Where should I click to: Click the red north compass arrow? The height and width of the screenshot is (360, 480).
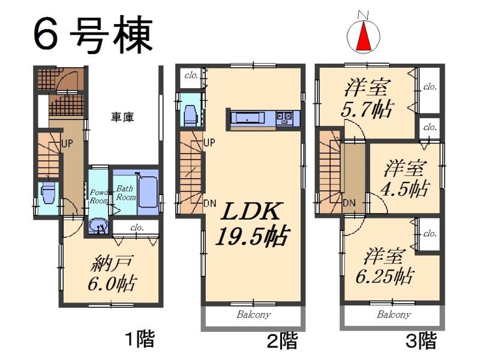tap(363, 38)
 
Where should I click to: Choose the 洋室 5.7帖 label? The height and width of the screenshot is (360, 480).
tap(367, 100)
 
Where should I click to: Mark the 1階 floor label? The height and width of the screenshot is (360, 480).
tap(139, 340)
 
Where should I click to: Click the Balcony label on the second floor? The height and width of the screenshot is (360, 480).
tap(253, 314)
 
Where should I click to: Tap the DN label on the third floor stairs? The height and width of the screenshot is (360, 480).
tap(349, 202)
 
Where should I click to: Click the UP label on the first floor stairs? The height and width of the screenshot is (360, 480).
tap(67, 144)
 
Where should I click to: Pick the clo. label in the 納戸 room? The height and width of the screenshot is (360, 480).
tap(137, 227)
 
